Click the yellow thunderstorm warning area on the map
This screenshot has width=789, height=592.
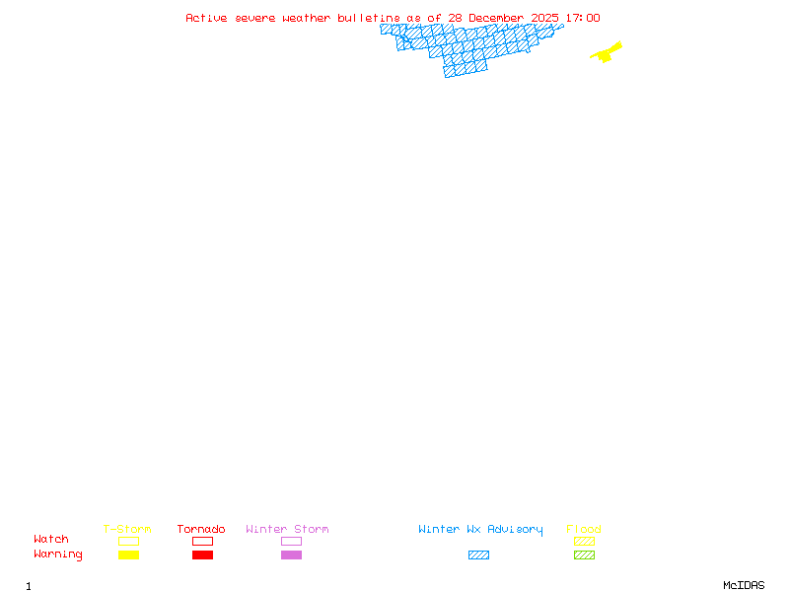(607, 52)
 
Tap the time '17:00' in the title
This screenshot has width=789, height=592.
(583, 18)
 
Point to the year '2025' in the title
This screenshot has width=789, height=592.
(545, 18)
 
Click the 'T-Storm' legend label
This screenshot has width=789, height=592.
(127, 530)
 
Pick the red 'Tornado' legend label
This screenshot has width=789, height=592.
(201, 530)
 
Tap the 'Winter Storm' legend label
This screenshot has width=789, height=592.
(287, 530)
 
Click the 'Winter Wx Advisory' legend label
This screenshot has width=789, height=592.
(480, 530)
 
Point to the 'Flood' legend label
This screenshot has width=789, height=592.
(583, 530)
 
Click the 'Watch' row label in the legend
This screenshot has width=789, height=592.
(51, 540)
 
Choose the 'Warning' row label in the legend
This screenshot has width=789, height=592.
(58, 555)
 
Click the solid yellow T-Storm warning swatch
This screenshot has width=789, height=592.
(128, 555)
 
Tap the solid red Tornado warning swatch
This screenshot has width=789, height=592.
(202, 555)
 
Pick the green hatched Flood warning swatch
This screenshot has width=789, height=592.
(584, 555)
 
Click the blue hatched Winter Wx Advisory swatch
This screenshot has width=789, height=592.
(478, 555)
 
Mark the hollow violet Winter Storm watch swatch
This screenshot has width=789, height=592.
(291, 541)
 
